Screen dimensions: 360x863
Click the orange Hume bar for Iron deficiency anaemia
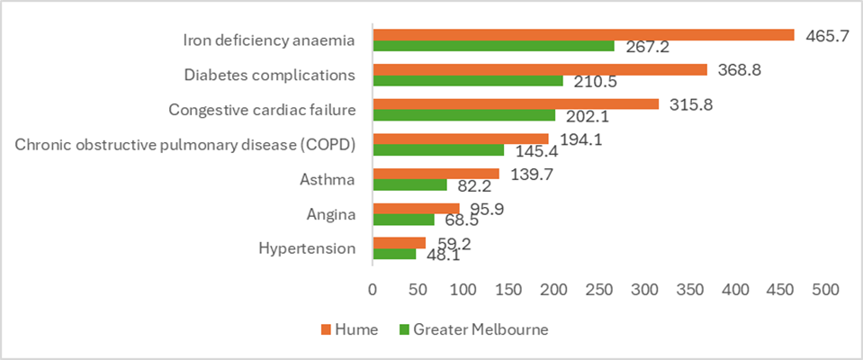583,35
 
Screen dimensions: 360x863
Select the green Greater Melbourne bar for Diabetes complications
467,81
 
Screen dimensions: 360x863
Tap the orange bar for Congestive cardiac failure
516,104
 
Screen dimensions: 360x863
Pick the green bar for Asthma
409,185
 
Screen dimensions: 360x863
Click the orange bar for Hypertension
399,243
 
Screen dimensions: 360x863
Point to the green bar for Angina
403,220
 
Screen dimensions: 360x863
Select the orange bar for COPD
460,139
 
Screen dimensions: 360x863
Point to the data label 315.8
690,104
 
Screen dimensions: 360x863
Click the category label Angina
331,214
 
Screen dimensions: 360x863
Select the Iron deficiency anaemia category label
269,40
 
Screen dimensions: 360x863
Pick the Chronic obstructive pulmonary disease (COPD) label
185,144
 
